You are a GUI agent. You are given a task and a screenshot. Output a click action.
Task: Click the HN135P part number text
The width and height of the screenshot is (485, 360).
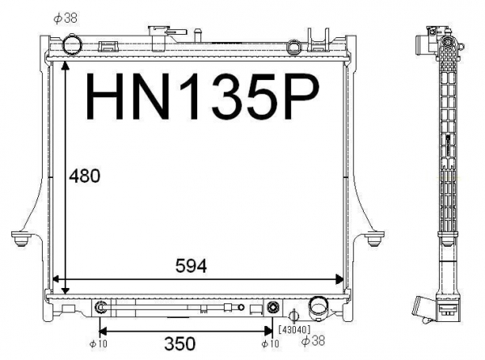click(x=203, y=96)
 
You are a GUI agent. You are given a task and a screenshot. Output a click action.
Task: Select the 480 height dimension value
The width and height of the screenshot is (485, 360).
click(x=84, y=176)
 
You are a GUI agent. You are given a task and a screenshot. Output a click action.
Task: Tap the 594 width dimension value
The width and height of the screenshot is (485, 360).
click(x=191, y=265)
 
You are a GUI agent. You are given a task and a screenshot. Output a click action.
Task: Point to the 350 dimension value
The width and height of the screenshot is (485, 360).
click(x=179, y=343)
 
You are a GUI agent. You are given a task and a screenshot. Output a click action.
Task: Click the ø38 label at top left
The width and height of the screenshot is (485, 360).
click(x=65, y=18)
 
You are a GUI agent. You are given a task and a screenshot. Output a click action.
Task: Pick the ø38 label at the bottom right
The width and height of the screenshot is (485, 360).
click(x=314, y=341)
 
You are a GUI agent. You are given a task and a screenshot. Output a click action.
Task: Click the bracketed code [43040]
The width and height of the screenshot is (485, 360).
click(x=294, y=329)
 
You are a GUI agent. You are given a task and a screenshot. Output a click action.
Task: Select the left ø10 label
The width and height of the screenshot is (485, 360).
click(x=98, y=344)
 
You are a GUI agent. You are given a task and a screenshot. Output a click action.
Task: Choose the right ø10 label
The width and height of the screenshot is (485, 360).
click(x=270, y=344)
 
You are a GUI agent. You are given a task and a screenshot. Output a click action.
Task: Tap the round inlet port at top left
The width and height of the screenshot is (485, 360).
click(x=72, y=45)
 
